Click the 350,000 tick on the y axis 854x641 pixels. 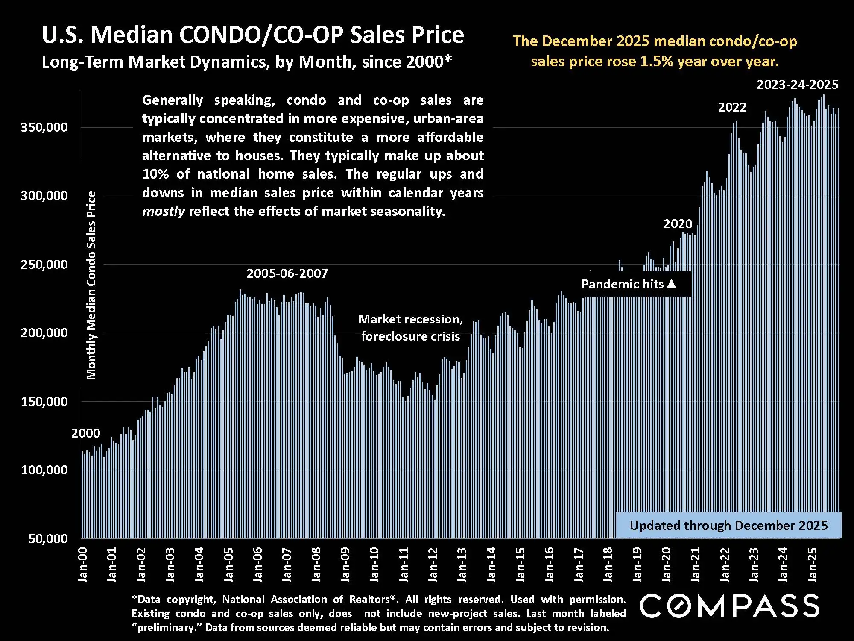point(44,127)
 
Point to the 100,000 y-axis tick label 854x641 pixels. point(44,470)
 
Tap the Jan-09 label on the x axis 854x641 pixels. point(345,565)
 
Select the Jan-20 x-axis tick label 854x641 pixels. point(667,565)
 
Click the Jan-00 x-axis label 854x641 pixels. point(82,565)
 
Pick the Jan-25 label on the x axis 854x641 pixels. point(813,565)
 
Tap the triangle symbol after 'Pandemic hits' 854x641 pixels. point(672,284)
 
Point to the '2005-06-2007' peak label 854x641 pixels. point(287,273)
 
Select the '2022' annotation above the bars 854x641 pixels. point(732,107)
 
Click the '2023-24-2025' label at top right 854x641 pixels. point(797,85)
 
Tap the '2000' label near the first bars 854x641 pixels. point(85,433)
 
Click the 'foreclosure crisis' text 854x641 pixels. point(410,336)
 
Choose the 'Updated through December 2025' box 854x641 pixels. point(728,525)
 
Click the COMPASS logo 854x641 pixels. point(729,606)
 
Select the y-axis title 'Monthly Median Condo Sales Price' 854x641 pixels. point(91,285)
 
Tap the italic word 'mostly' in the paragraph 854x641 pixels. point(163,211)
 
